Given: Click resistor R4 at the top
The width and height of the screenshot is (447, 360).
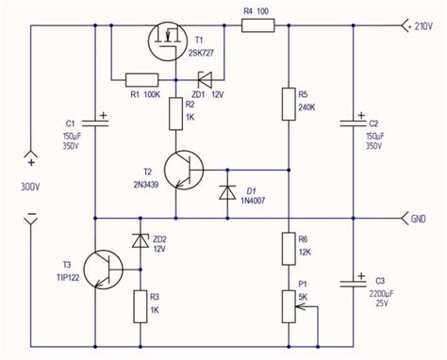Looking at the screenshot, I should point(256,26).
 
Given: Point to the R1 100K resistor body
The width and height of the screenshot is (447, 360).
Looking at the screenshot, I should point(141,80).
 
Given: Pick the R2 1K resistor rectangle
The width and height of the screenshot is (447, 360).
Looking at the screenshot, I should point(175,114).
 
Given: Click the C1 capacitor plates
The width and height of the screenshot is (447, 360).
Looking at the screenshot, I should point(94,122).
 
